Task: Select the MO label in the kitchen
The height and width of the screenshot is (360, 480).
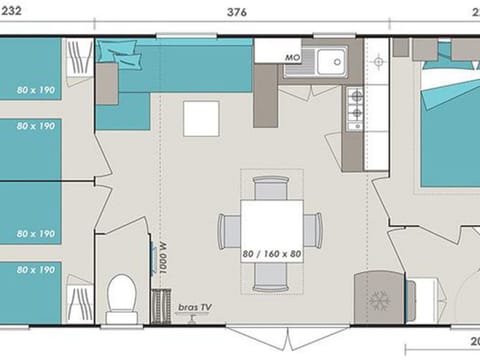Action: pos(293,58)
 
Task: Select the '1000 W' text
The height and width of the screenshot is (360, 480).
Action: pos(162,257)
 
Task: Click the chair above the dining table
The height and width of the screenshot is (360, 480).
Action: pos(272,186)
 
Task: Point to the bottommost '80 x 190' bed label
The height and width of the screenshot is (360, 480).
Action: pos(34,270)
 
